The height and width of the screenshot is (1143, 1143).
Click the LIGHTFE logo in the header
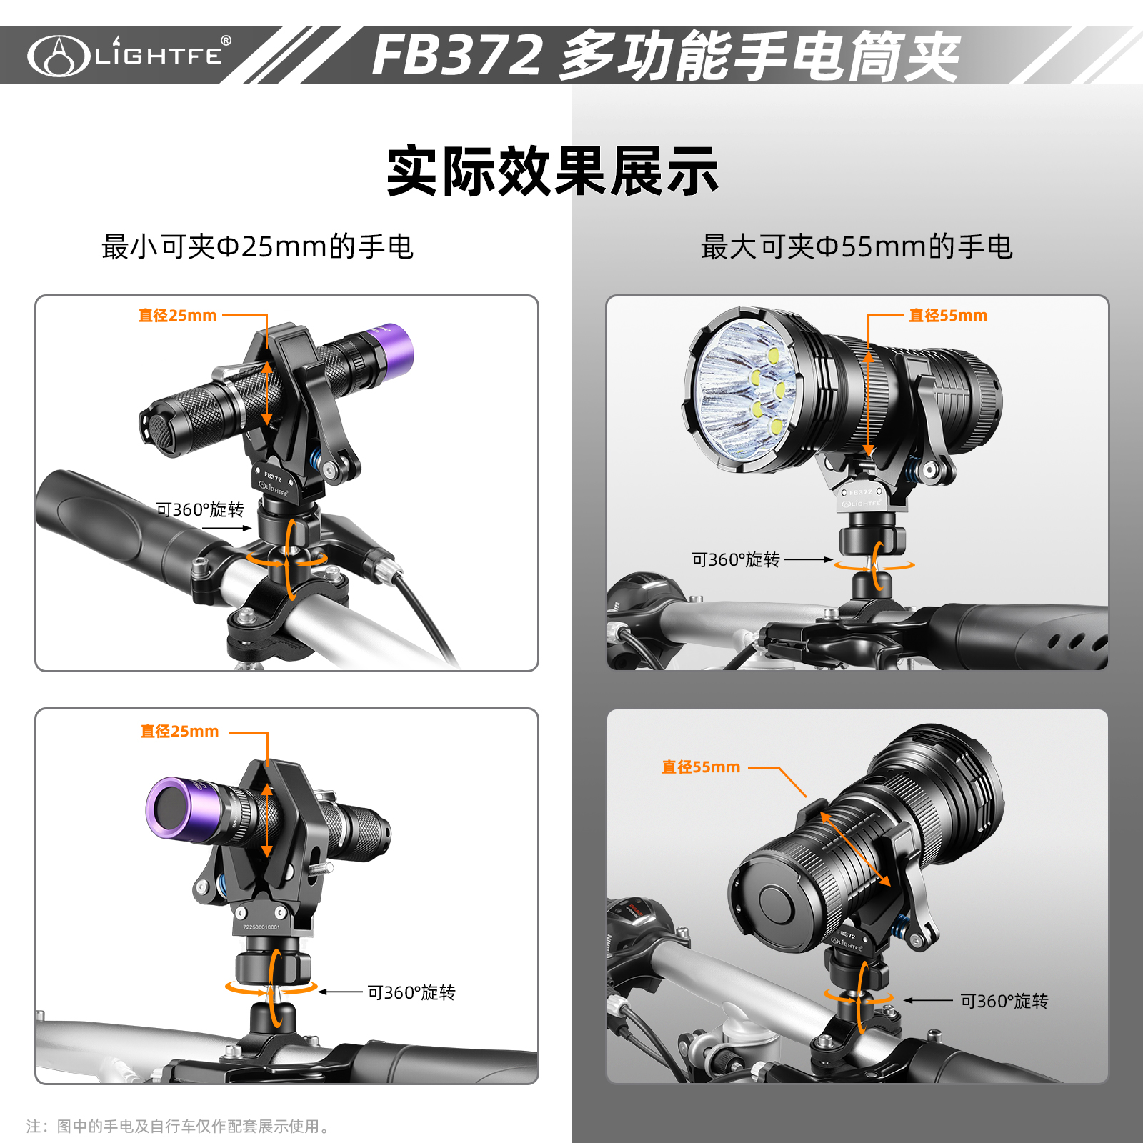(x=129, y=55)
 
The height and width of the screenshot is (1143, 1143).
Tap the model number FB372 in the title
(x=457, y=55)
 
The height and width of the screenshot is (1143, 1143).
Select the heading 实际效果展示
(x=552, y=171)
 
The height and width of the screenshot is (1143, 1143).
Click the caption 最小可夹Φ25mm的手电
(x=258, y=247)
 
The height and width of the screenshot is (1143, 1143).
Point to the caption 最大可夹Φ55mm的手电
(x=857, y=247)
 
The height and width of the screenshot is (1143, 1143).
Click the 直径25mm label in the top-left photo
(x=177, y=315)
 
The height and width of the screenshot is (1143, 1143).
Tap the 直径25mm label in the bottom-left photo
(x=179, y=731)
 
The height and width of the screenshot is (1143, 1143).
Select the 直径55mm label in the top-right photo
(x=948, y=315)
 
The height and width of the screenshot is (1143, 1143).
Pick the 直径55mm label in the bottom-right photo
(x=701, y=767)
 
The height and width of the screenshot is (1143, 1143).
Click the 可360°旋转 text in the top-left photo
(x=200, y=509)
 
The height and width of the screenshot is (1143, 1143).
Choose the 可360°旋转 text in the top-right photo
(x=736, y=559)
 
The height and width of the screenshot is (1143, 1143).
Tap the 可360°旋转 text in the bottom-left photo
(x=411, y=992)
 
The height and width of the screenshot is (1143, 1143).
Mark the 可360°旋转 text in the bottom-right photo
(x=1004, y=1001)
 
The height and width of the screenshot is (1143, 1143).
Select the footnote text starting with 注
(x=179, y=1127)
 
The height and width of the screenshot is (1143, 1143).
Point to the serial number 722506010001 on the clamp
(x=261, y=927)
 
